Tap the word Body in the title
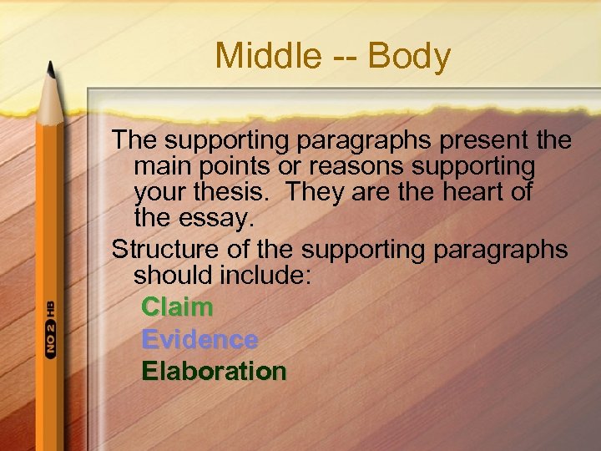point(409,57)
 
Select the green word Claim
point(177,307)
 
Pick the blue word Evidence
point(199,339)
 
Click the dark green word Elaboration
point(214,371)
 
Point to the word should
point(174,276)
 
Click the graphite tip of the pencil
point(51,68)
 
